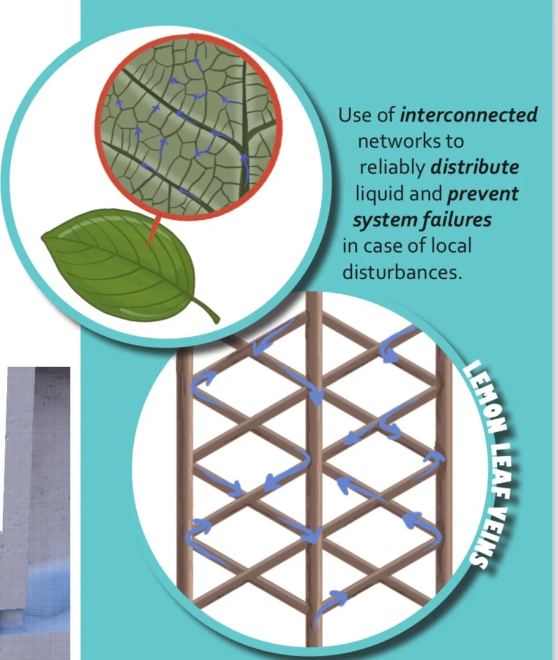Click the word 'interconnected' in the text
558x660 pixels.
[469, 115]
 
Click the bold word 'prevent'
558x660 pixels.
[482, 194]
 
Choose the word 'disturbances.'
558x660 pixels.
[402, 272]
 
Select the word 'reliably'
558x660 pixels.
[392, 168]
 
